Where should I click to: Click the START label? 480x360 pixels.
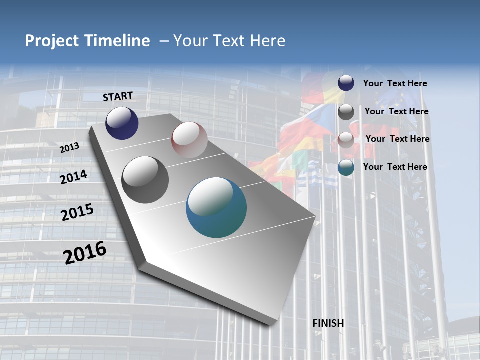click(118, 96)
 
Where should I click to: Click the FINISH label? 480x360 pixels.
click(328, 323)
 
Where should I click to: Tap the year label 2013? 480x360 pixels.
click(69, 147)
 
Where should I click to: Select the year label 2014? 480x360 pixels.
click(74, 177)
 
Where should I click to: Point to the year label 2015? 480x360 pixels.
click(77, 212)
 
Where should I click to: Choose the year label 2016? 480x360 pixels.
click(85, 252)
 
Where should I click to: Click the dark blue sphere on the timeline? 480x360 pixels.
click(122, 123)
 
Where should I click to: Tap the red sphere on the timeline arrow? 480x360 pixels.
click(189, 140)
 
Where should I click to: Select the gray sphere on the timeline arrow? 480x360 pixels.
click(145, 180)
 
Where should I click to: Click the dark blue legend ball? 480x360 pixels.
click(346, 83)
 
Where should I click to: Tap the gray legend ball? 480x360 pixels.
click(346, 112)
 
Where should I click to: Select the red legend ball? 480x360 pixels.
click(346, 139)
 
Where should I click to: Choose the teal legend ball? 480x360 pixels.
click(346, 167)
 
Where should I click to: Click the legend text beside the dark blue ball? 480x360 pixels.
click(395, 83)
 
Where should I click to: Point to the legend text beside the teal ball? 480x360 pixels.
click(395, 167)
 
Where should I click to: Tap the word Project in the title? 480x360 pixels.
click(50, 41)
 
